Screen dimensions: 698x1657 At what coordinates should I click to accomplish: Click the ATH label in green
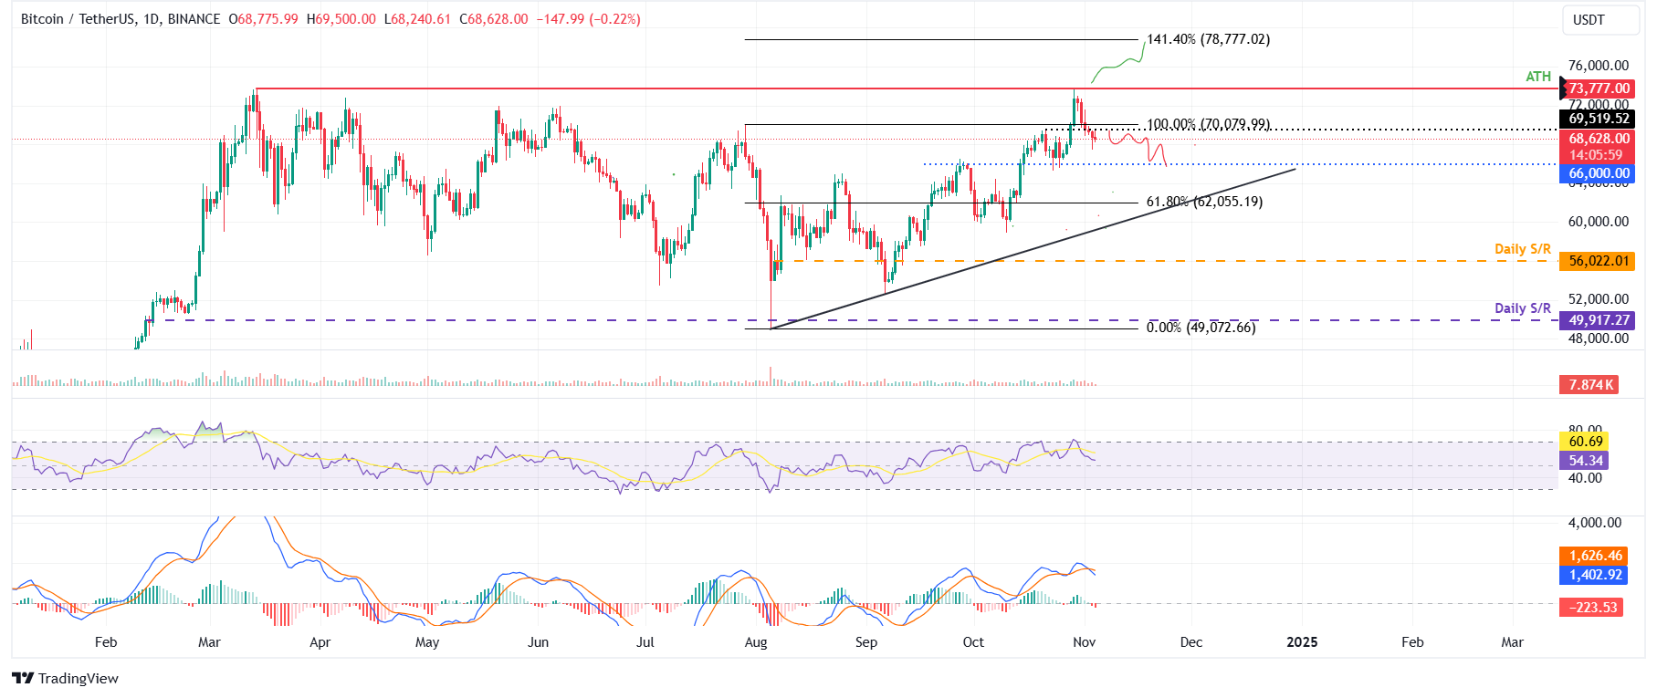coord(1538,77)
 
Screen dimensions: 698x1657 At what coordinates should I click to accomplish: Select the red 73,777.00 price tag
coord(1599,89)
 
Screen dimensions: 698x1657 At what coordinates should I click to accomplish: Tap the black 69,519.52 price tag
coord(1599,119)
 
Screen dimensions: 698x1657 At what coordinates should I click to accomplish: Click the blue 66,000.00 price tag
coord(1599,173)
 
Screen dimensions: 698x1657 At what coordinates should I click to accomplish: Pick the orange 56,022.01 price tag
coord(1599,261)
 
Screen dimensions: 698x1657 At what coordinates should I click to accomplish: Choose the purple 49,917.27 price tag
coord(1599,320)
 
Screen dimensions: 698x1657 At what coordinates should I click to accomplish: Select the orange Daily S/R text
coord(1522,249)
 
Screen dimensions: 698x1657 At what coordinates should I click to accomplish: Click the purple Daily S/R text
coord(1522,308)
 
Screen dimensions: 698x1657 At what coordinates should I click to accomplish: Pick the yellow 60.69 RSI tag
coord(1586,442)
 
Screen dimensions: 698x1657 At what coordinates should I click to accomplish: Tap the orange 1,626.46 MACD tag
coord(1595,556)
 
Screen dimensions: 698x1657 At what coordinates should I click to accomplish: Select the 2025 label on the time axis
coord(1302,642)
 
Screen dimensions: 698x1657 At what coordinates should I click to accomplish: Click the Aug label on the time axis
coord(756,642)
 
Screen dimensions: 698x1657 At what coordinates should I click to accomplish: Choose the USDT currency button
coord(1589,20)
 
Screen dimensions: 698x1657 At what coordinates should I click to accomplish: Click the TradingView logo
coord(66,678)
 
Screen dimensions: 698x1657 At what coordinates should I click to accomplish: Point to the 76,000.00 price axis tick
coord(1598,66)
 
